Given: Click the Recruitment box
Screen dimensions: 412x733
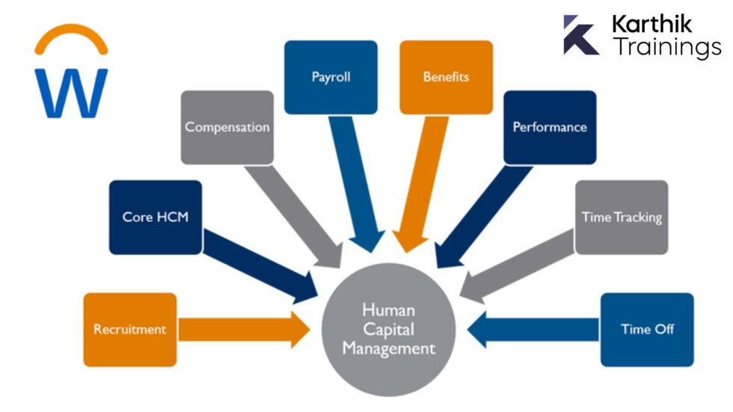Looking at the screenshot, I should pyautogui.click(x=130, y=329).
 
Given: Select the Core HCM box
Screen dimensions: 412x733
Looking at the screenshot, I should pyautogui.click(x=156, y=217).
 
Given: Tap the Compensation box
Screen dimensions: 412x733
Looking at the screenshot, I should pyautogui.click(x=227, y=127).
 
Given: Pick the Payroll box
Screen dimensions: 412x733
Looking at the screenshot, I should pyautogui.click(x=331, y=77).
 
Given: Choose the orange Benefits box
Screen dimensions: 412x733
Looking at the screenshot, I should pyautogui.click(x=446, y=77).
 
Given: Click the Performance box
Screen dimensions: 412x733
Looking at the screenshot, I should pyautogui.click(x=550, y=127).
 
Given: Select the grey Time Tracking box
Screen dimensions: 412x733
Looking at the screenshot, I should pyautogui.click(x=622, y=217).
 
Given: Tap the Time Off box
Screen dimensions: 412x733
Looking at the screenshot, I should pyautogui.click(x=647, y=329).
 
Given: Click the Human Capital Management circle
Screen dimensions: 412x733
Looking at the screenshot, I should pyautogui.click(x=388, y=328).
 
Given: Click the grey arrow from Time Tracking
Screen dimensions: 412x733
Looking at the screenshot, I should pyautogui.click(x=516, y=265).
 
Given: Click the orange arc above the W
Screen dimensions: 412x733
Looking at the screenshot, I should pyautogui.click(x=72, y=37).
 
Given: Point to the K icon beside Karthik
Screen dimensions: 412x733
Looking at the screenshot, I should pyautogui.click(x=580, y=35).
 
